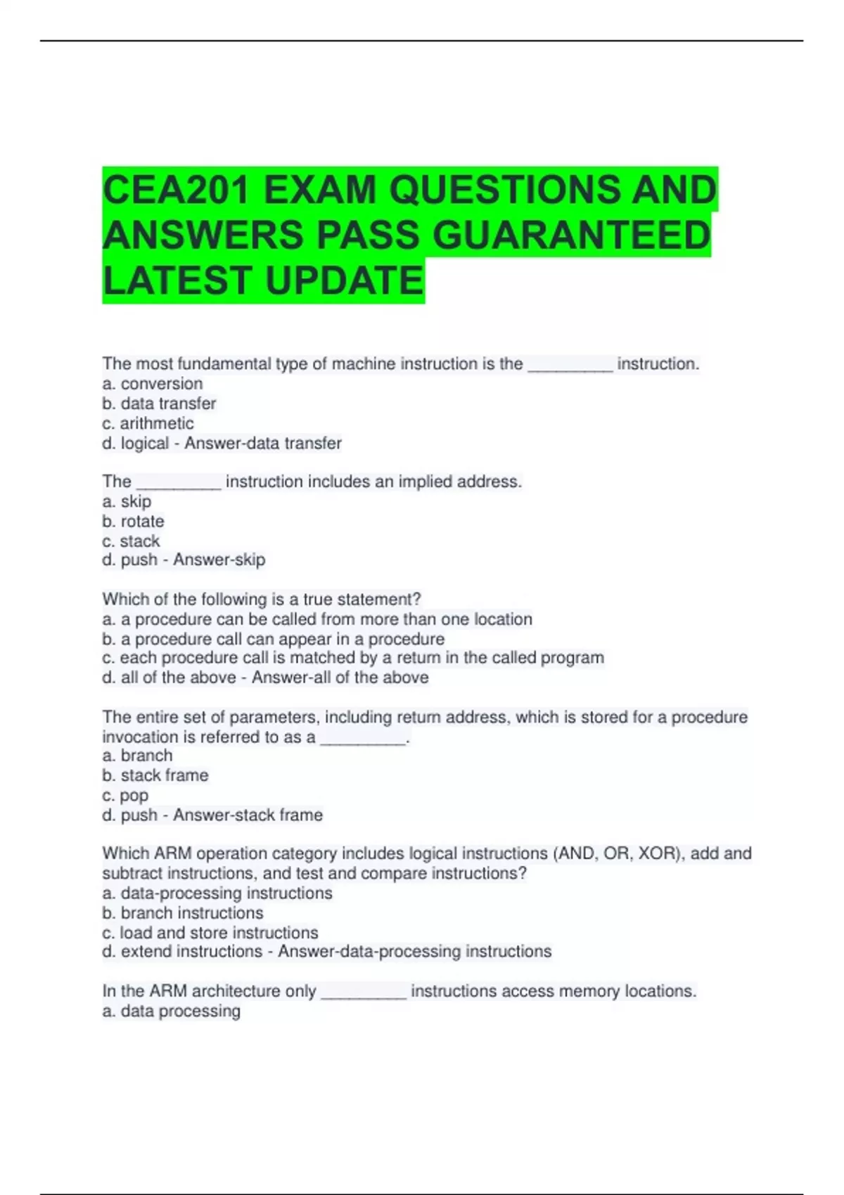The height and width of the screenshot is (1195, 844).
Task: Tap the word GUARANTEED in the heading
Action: [x=571, y=235]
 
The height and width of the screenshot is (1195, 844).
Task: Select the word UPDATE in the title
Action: [x=345, y=280]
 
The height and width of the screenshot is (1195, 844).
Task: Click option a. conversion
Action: [x=153, y=384]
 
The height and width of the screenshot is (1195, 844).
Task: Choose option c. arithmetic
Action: [x=148, y=423]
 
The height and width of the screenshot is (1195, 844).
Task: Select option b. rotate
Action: [x=133, y=522]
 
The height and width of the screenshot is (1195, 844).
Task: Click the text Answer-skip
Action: [x=219, y=560]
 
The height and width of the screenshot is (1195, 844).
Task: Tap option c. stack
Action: [x=131, y=541]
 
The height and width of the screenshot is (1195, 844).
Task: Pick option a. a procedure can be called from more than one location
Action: [x=317, y=619]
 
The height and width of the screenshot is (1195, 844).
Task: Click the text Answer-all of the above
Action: [x=340, y=678]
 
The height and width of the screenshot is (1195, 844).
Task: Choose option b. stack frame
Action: [x=155, y=775]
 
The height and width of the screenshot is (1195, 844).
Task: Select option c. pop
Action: [x=125, y=796]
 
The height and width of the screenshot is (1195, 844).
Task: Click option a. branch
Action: [x=137, y=756]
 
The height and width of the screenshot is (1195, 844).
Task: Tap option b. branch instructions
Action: [x=183, y=913]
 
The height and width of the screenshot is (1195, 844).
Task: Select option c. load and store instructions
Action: [x=210, y=933]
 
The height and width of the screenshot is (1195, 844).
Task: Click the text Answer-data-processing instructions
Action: [x=415, y=952]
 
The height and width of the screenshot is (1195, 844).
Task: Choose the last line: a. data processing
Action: [x=172, y=1011]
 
